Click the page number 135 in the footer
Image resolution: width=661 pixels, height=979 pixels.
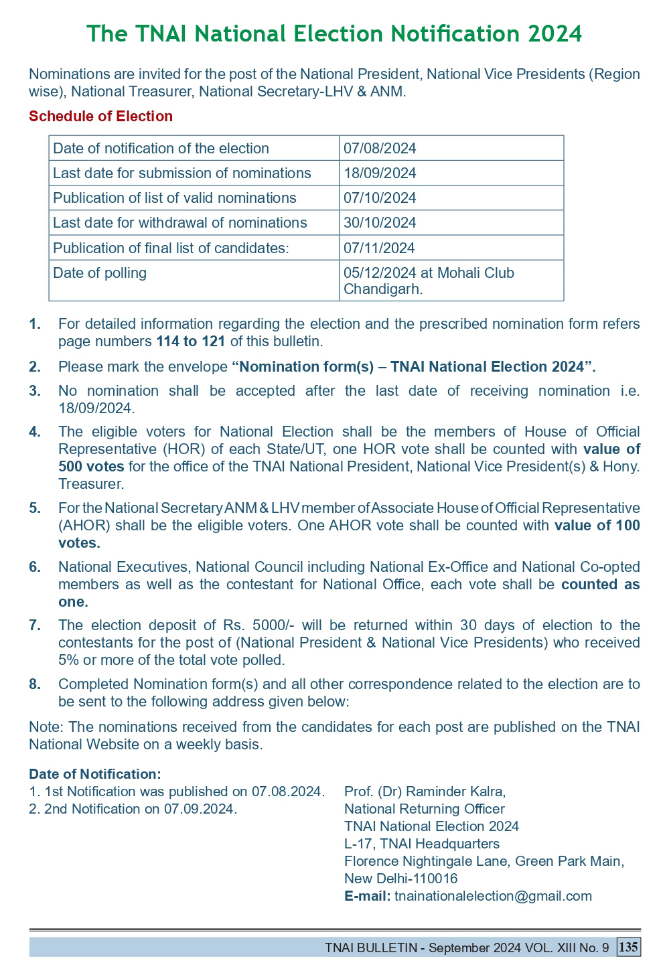[629, 948]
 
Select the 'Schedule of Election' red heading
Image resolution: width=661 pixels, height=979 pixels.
[100, 117]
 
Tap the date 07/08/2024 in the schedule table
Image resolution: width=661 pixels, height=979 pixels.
[380, 149]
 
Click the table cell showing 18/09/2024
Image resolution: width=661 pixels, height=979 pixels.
[380, 173]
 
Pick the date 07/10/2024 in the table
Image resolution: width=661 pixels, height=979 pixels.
[380, 198]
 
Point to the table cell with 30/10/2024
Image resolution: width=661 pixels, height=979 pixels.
[380, 223]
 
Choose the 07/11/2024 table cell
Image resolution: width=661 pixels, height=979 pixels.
[380, 248]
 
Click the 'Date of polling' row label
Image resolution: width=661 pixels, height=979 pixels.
[100, 273]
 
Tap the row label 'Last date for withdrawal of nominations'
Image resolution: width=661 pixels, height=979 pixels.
[179, 223]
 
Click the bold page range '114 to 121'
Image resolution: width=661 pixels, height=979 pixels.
[191, 342]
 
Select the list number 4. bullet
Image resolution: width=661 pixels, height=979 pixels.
[35, 432]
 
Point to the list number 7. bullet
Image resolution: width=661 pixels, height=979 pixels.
[35, 625]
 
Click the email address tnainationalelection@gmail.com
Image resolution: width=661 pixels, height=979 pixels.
[493, 896]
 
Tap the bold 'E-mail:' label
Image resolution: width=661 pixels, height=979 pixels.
[367, 896]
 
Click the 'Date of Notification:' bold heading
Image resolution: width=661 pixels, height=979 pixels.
[95, 774]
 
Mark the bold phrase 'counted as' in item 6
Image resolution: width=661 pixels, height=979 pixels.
[600, 585]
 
